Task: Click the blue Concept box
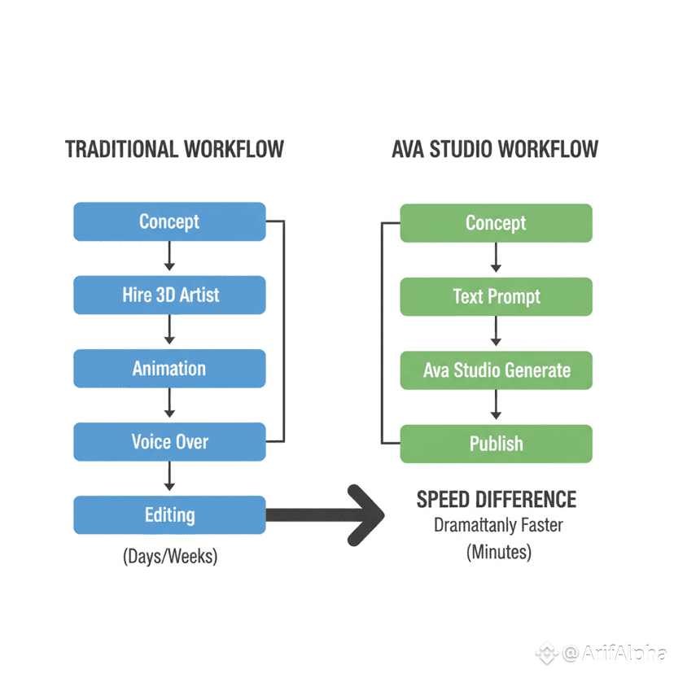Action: pyautogui.click(x=169, y=221)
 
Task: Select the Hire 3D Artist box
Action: pyautogui.click(x=169, y=295)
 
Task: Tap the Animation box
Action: pyautogui.click(x=169, y=368)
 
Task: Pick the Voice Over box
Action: pyautogui.click(x=169, y=442)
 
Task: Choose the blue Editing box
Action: pyautogui.click(x=169, y=515)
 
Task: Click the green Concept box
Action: pyautogui.click(x=496, y=223)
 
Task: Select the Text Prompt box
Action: pyautogui.click(x=496, y=296)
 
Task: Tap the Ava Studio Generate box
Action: pyautogui.click(x=496, y=370)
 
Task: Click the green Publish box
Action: pyautogui.click(x=496, y=444)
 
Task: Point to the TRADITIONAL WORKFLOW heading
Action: pyautogui.click(x=174, y=150)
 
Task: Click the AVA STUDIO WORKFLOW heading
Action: pyautogui.click(x=495, y=150)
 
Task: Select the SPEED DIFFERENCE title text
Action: pyautogui.click(x=497, y=499)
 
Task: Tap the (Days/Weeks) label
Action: pyautogui.click(x=170, y=557)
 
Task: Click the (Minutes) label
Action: pyautogui.click(x=498, y=552)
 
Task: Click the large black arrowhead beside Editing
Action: pyautogui.click(x=366, y=514)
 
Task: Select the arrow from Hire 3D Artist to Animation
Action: pyautogui.click(x=169, y=331)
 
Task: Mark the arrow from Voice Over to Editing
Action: pyautogui.click(x=169, y=478)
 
